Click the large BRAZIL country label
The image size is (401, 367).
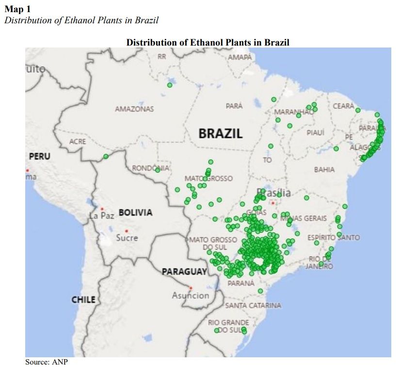(220, 133)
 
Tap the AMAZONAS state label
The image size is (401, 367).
(134, 109)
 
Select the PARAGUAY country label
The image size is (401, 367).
(184, 271)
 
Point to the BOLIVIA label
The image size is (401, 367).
(135, 212)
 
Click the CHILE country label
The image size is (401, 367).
(83, 300)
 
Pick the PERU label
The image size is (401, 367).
(39, 157)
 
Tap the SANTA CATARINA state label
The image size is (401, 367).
(253, 305)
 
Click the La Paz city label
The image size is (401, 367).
(102, 215)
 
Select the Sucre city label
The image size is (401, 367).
(127, 238)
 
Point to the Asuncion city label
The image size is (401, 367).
(191, 295)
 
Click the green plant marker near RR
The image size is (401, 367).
(170, 85)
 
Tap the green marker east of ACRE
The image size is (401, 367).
(105, 156)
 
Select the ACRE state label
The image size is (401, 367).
(78, 142)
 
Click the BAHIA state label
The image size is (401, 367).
(324, 170)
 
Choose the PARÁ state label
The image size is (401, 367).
(234, 106)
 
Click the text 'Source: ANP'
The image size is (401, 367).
(46, 362)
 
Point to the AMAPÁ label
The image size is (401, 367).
(240, 57)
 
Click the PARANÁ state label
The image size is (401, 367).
(241, 283)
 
